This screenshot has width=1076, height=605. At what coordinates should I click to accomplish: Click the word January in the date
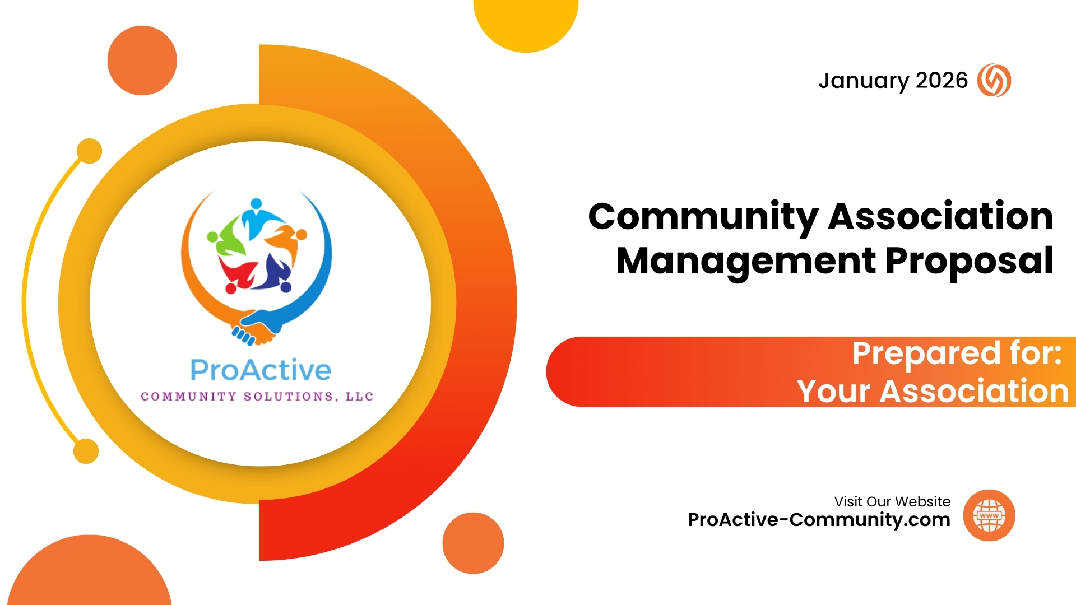[863, 81]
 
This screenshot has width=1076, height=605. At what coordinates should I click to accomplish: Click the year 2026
[941, 80]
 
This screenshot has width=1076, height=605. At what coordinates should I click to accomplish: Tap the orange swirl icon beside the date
[994, 80]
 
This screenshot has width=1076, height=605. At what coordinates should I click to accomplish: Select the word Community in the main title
[703, 217]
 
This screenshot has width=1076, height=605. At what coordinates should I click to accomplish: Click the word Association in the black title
[941, 216]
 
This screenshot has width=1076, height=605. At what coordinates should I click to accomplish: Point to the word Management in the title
[746, 261]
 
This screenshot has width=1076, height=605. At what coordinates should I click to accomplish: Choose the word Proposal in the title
[970, 261]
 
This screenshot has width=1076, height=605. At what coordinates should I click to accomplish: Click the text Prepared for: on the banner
[957, 353]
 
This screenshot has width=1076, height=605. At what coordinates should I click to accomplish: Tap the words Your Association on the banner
[933, 390]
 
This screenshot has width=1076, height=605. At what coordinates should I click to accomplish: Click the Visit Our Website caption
[892, 501]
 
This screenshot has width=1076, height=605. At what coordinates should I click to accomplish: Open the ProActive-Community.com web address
[819, 520]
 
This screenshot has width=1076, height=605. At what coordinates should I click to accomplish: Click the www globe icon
[989, 515]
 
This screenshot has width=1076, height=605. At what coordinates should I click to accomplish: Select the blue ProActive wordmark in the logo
[261, 370]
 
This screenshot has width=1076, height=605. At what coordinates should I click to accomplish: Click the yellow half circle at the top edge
[526, 22]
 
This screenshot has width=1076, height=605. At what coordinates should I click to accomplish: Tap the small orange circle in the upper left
[142, 61]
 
